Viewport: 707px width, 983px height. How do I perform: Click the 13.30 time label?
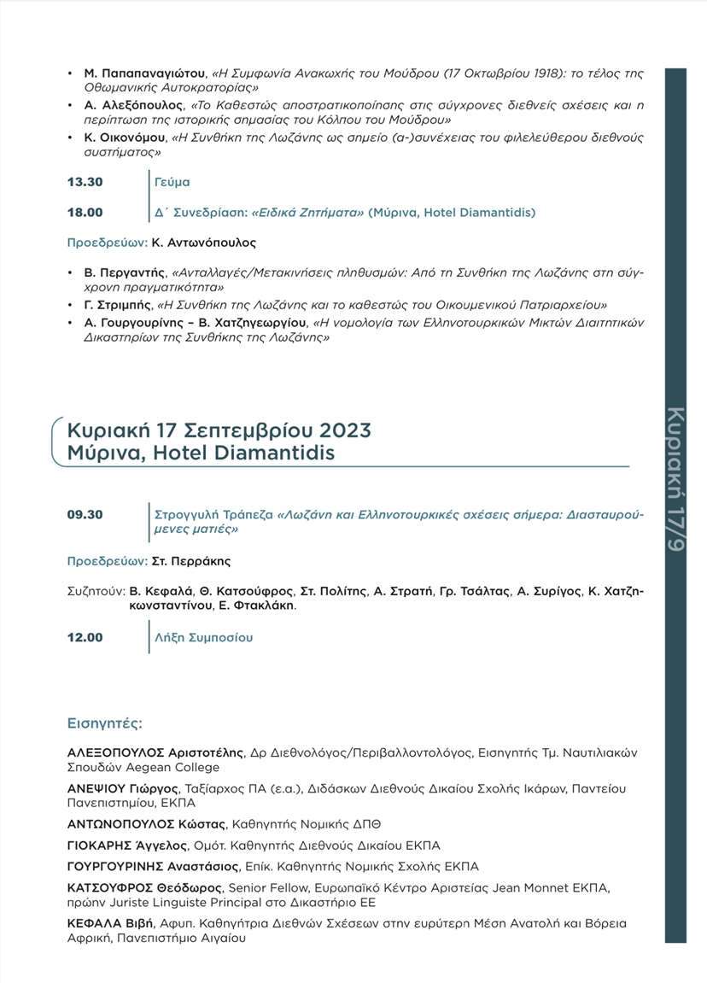tap(85, 182)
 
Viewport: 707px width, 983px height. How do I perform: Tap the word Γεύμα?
tap(172, 182)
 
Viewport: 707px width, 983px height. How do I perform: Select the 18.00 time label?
tap(85, 212)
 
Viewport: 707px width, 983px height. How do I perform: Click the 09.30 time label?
tap(85, 515)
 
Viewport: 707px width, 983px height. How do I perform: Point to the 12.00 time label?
tap(85, 637)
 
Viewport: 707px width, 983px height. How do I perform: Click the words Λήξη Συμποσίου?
tap(203, 637)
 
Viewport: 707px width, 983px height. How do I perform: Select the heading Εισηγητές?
tap(104, 723)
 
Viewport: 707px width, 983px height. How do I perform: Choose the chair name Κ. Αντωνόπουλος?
tap(204, 243)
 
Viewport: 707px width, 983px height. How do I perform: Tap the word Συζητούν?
tap(95, 591)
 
